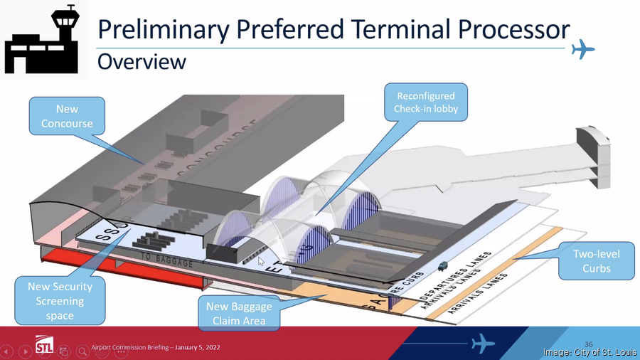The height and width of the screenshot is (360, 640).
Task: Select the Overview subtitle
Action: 142,62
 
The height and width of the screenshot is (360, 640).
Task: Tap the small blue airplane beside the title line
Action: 583,49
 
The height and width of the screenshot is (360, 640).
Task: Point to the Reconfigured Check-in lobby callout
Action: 426,102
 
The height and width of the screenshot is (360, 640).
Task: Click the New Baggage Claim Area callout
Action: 238,312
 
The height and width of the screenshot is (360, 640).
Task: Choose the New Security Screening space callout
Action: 60,300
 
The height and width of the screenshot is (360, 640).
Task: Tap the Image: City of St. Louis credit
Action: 590,352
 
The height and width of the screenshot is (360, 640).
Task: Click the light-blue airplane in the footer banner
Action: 483,344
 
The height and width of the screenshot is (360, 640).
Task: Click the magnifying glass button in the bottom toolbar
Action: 83,351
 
